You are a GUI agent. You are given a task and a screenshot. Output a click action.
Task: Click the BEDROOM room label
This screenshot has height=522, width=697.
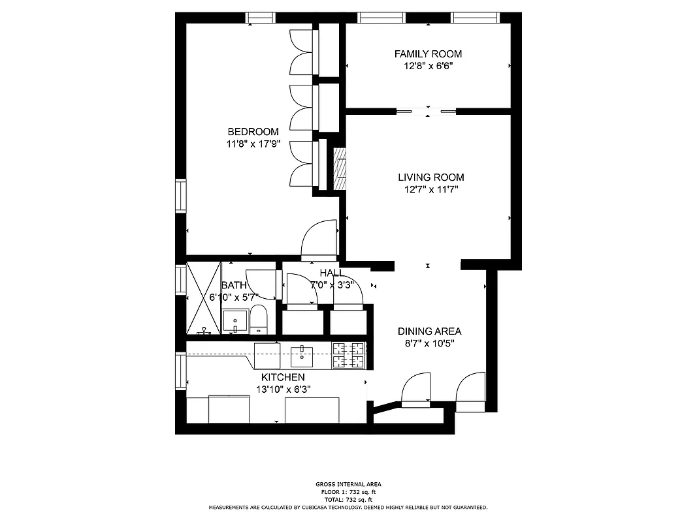pos(253,132)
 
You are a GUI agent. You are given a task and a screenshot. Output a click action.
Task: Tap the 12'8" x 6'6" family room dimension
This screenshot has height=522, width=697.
pos(428,67)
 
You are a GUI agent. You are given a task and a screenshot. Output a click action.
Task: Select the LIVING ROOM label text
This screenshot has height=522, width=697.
pos(431,177)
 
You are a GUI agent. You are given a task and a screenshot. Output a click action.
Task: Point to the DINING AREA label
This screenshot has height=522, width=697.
pos(429,331)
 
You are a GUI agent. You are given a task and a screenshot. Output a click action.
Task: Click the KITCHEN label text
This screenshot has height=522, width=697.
pos(283,377)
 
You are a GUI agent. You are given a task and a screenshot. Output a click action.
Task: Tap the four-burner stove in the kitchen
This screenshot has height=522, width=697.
pos(349,356)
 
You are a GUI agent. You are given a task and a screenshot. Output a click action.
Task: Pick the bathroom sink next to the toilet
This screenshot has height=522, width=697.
pos(235,321)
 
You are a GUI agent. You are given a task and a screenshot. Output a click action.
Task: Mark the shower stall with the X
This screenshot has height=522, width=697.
pos(204,298)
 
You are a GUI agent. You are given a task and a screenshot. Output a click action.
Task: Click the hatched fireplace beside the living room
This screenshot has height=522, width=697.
pos(340,170)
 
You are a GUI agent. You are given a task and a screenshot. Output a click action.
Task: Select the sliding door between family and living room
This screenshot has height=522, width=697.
pos(427,112)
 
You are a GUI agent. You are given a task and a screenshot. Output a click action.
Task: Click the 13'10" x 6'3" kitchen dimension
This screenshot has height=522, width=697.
pos(283,390)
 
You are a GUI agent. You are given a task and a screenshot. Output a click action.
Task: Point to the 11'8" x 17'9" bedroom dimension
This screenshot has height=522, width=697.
pos(253,145)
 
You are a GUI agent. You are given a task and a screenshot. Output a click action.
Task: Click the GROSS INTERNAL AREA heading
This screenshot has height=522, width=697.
pos(348,484)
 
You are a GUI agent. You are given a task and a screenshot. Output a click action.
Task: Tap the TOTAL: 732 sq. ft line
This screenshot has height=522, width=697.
pos(348,499)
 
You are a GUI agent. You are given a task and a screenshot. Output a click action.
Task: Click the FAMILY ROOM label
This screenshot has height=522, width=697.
pos(428,54)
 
